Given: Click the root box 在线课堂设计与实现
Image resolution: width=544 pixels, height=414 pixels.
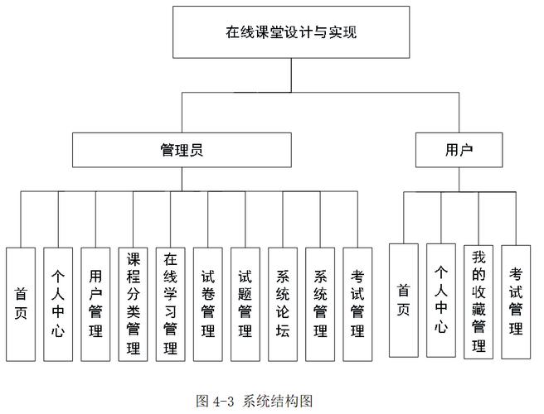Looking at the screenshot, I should click(291, 34).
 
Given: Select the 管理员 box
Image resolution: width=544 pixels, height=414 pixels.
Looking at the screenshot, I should click(182, 150).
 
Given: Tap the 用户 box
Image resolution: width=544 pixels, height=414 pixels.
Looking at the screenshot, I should click(459, 150).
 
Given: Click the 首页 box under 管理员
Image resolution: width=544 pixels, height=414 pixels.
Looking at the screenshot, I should click(21, 304).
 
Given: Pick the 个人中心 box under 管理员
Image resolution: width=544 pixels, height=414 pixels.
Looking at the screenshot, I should click(58, 304).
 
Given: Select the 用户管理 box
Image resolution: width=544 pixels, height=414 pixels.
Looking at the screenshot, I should click(95, 304).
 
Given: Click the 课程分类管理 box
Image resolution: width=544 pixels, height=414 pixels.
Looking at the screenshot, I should click(133, 304).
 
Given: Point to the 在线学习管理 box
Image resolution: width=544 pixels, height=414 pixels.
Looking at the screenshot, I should click(170, 304).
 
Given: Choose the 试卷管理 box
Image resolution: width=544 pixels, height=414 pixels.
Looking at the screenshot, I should click(208, 304).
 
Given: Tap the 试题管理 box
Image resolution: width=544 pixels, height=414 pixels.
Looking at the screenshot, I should click(245, 304).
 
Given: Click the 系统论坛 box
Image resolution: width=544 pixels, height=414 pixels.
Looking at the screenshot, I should click(283, 304).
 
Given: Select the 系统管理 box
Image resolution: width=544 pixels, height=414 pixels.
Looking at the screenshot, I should click(320, 304).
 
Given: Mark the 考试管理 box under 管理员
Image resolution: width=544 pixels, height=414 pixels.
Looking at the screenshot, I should click(357, 304).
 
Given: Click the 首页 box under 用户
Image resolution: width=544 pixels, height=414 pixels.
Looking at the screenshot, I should click(404, 301).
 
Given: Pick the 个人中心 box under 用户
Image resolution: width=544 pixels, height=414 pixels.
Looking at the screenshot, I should click(441, 301).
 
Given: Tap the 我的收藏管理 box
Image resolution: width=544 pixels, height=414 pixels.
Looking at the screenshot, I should click(478, 301).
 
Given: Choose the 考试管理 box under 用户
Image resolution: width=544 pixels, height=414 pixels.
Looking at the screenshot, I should click(516, 301).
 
